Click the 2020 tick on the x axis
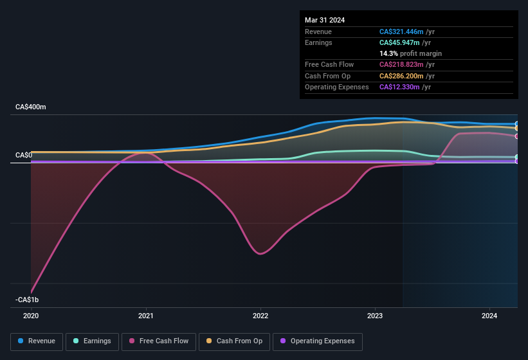point(31,316)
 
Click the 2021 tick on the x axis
point(146,316)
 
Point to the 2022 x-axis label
point(260,316)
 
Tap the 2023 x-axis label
point(375,316)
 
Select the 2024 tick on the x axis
point(489,316)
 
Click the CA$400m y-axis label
point(31,107)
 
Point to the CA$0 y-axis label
point(24,156)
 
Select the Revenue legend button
point(37,341)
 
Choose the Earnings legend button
point(92,341)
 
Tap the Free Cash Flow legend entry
point(159,341)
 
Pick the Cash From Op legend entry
point(234,341)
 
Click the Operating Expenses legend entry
point(317,341)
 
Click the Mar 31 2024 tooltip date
point(325,20)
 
